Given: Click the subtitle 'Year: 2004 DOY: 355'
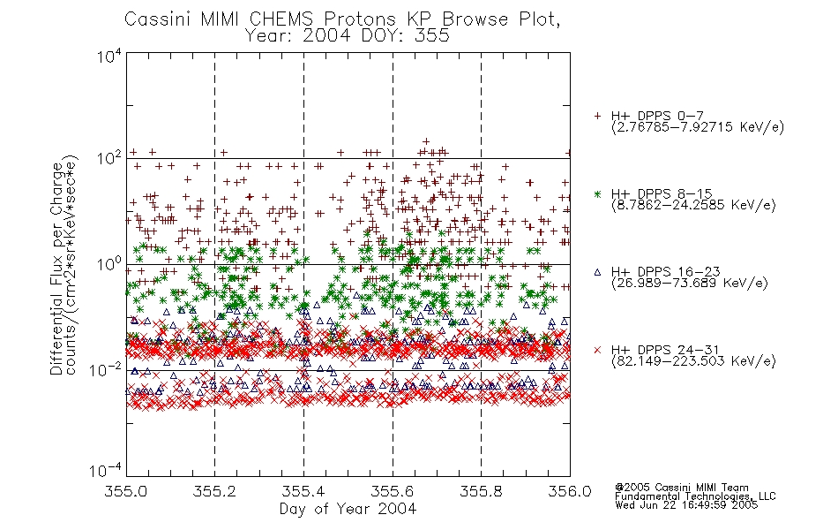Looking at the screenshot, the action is tap(347, 36).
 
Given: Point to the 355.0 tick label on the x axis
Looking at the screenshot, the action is tap(125, 491).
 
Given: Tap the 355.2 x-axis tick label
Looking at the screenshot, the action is tap(214, 491).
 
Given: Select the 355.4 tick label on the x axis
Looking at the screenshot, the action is tap(303, 491).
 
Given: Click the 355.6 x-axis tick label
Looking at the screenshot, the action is tap(393, 491).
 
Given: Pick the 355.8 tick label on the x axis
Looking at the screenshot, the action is tap(481, 491).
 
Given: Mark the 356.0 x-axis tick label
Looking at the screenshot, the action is tap(570, 491).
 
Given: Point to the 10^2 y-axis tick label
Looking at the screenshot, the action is tap(109, 158).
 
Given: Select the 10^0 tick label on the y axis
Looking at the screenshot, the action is tap(109, 264).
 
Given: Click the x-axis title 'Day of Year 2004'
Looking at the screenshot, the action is tap(348, 509).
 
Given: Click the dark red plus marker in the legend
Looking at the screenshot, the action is tap(597, 116).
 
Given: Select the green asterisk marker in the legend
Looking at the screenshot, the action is tap(597, 193).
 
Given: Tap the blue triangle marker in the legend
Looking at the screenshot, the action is tap(597, 272).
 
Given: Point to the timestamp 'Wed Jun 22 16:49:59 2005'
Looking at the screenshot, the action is tap(686, 505).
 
